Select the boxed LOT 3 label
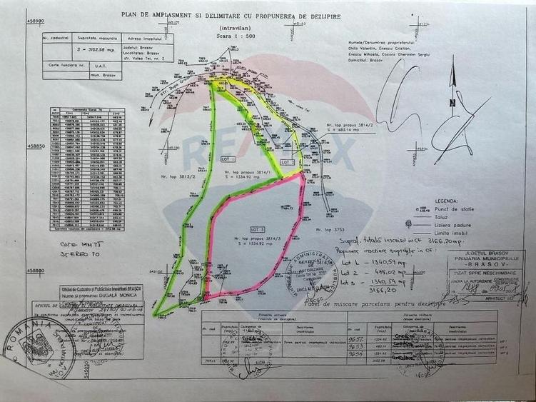point(258,228)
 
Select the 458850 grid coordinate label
point(36,146)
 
